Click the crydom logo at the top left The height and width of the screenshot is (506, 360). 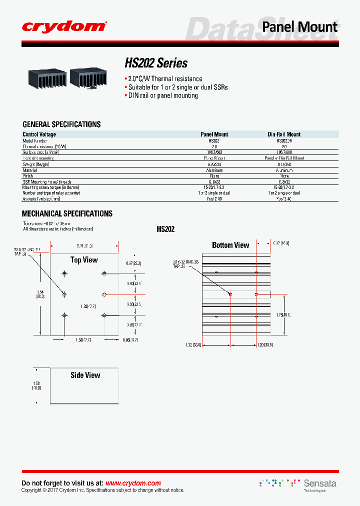(x=64, y=26)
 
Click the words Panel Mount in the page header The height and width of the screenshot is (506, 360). (x=300, y=26)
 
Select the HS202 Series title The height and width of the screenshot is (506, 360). (x=156, y=63)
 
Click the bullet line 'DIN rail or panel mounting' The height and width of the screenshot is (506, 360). (x=161, y=95)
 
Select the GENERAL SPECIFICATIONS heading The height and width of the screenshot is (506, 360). (x=61, y=124)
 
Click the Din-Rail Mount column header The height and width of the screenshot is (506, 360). (x=284, y=134)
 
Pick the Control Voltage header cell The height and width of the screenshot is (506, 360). (x=39, y=134)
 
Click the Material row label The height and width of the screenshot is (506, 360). (x=30, y=170)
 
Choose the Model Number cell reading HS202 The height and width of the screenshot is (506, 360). (x=214, y=141)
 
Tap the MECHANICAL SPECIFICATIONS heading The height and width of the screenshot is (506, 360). (x=67, y=213)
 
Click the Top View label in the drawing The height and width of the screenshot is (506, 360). (x=84, y=260)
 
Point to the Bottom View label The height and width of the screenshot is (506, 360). (x=230, y=245)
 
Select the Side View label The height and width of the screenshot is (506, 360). (x=85, y=375)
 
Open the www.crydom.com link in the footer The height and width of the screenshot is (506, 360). (x=133, y=483)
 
